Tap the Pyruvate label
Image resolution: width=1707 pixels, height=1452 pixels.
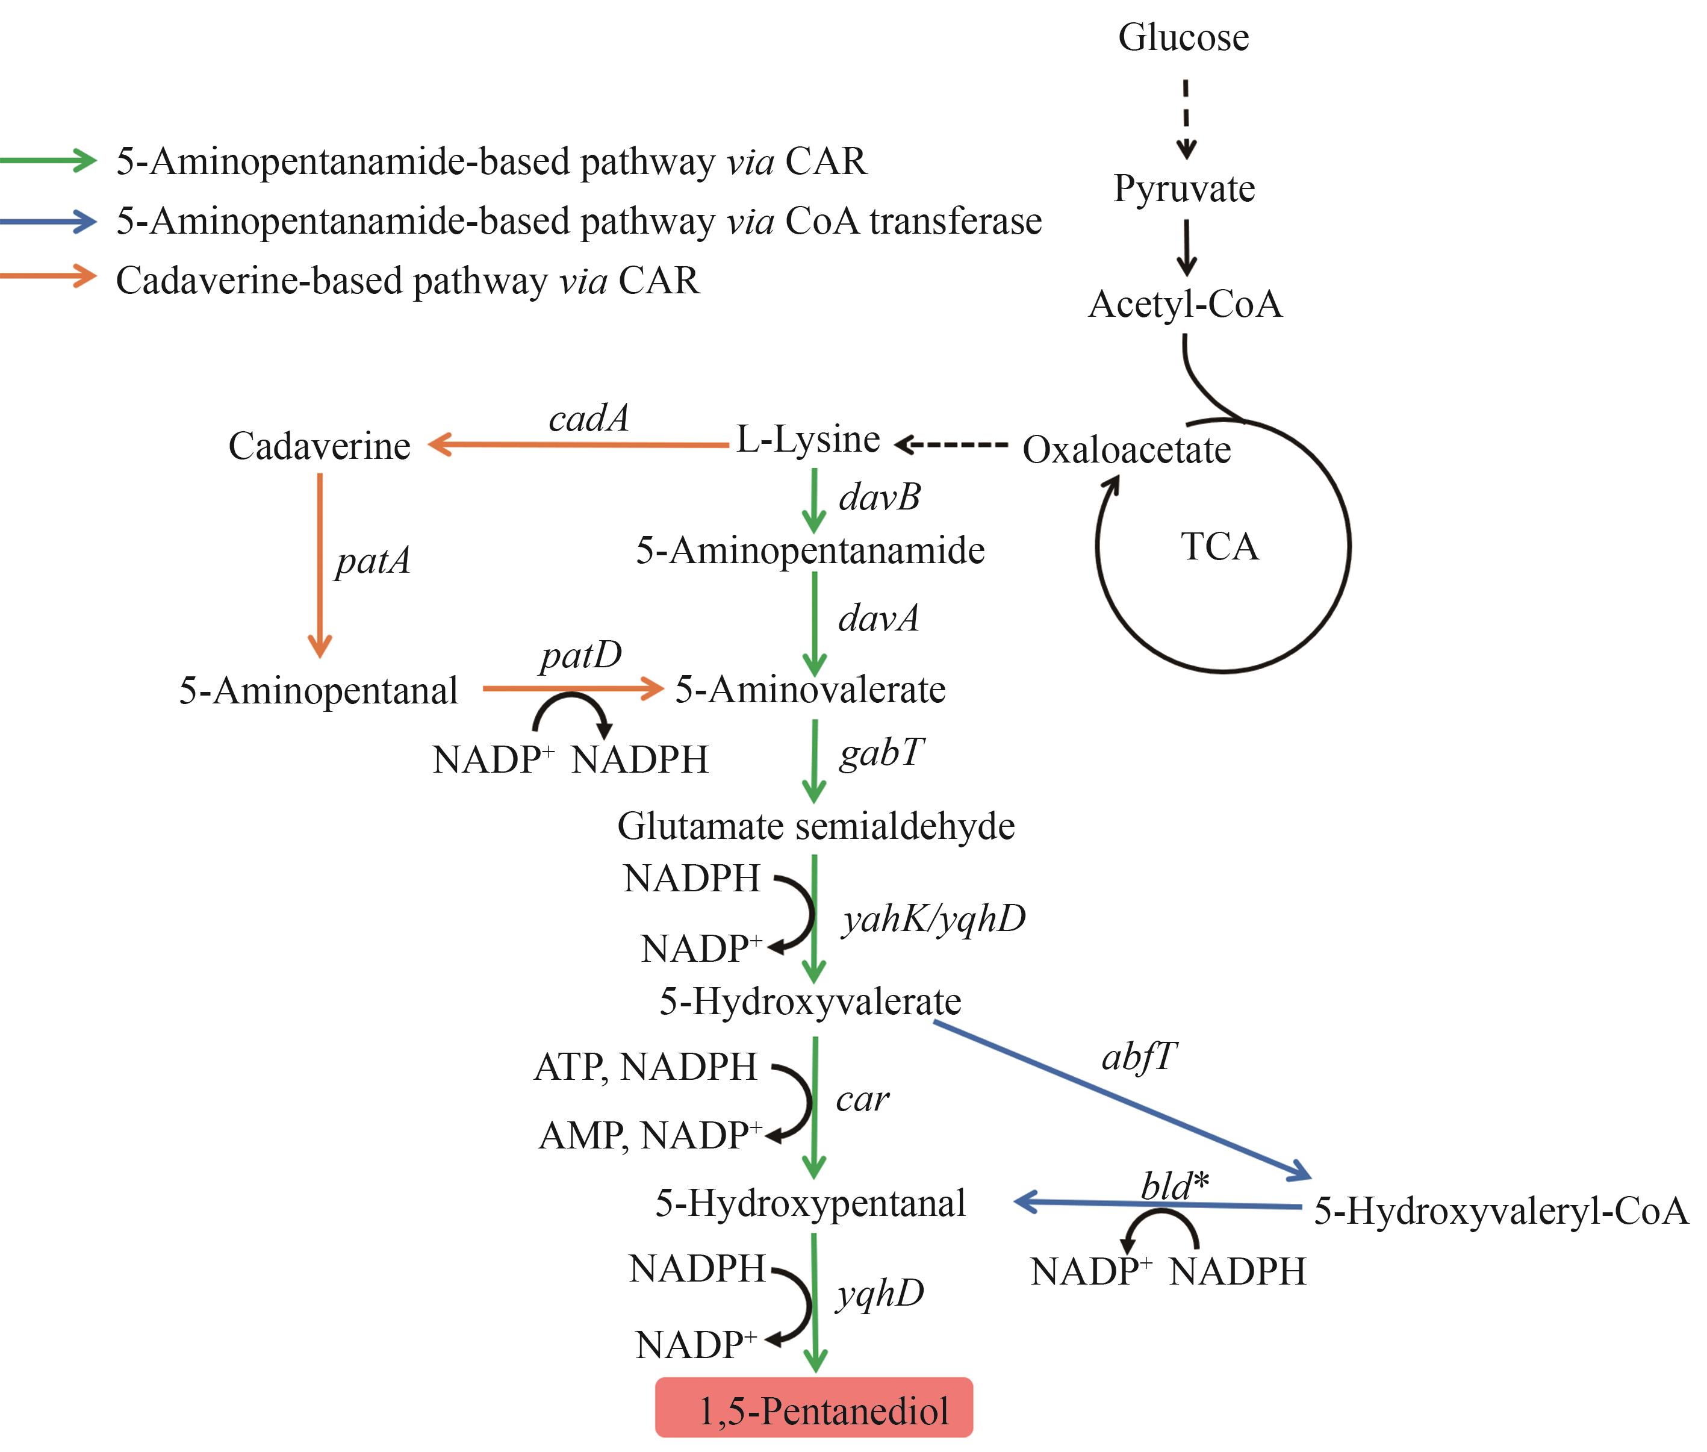coord(1184,189)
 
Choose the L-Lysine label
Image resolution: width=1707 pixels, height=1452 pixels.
coord(807,440)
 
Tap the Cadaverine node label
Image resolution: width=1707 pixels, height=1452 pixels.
coord(319,446)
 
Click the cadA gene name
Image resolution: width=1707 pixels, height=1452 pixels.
coord(588,418)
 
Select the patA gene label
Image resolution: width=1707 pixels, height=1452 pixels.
coord(372,561)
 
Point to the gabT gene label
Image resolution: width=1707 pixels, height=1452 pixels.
coord(881,752)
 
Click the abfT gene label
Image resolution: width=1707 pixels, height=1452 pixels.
coord(1139,1057)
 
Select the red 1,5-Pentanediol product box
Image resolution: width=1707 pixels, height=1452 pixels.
coord(813,1410)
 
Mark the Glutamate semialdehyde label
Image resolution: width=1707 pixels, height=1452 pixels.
coord(816,826)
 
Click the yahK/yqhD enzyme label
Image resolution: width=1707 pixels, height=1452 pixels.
coord(933,918)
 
